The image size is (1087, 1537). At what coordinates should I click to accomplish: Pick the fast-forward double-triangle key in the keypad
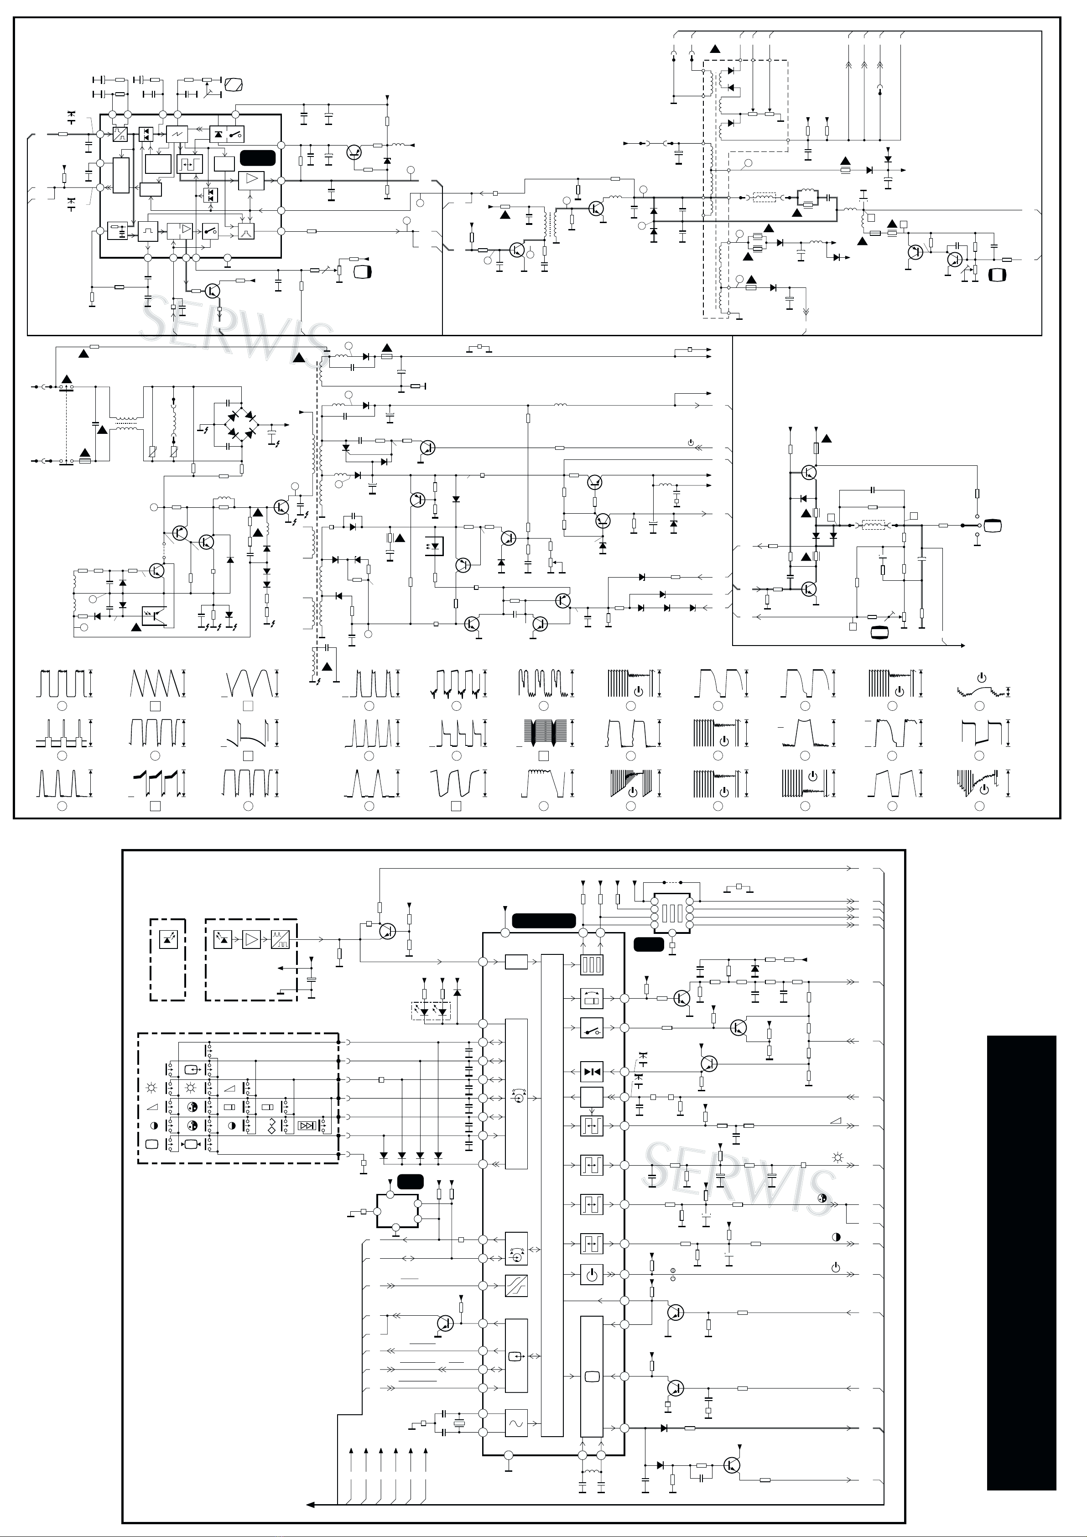(307, 1125)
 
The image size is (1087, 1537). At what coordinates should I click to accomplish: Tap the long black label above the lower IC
(544, 921)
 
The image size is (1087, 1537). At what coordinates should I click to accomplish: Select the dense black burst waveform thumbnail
(544, 734)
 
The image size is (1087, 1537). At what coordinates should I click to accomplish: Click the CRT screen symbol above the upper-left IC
(234, 84)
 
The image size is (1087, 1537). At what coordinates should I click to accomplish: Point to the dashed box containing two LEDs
(431, 1010)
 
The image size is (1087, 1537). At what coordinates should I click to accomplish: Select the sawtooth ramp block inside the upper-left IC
(177, 134)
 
